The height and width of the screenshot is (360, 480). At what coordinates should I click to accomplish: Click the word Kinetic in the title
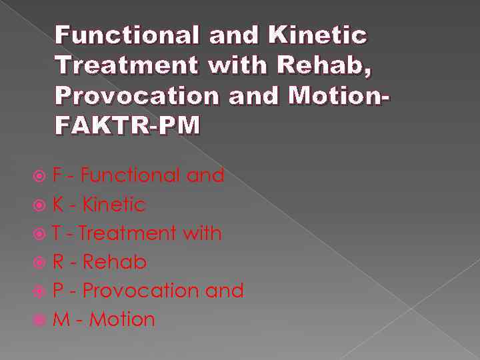(x=319, y=35)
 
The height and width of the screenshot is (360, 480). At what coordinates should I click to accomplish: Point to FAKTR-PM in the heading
(x=127, y=126)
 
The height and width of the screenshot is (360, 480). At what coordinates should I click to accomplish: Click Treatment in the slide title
(x=127, y=66)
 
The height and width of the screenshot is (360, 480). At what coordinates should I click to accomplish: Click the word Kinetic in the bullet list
(x=113, y=205)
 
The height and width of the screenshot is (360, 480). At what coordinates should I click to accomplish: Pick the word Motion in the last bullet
(x=122, y=320)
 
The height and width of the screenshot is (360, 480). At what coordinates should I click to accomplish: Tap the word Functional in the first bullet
(x=131, y=176)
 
